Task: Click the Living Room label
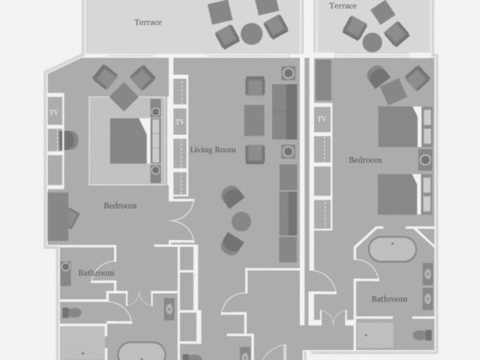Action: (x=213, y=150)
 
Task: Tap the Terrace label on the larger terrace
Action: (x=148, y=22)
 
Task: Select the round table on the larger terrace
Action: (x=252, y=34)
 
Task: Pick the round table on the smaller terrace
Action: (x=372, y=42)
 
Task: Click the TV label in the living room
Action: (x=180, y=121)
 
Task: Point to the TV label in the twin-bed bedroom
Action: (x=322, y=118)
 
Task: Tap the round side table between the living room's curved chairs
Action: (x=241, y=221)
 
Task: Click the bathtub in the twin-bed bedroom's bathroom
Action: (x=392, y=249)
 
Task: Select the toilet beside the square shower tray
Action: (x=422, y=335)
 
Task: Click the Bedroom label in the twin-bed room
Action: (x=365, y=160)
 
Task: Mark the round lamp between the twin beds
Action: (x=425, y=160)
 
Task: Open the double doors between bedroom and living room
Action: (x=181, y=220)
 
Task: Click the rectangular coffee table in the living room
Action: (x=254, y=120)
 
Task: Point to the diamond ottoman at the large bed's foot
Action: (x=124, y=97)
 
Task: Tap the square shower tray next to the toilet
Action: (x=375, y=335)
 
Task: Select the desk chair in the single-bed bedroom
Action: (x=73, y=217)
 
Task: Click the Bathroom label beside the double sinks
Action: (x=389, y=299)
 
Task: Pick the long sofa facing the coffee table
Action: (x=285, y=112)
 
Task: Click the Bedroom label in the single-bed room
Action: (x=120, y=205)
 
